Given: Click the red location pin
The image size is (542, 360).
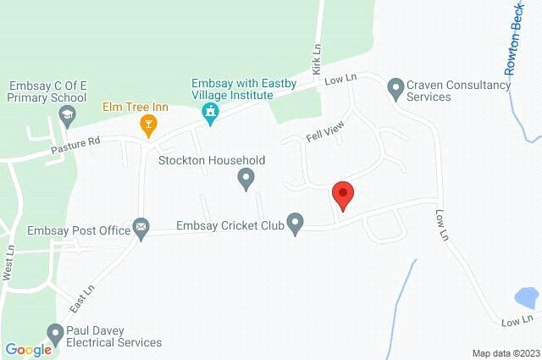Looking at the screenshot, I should (342, 195).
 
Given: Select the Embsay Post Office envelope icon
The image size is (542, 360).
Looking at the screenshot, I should (141, 227).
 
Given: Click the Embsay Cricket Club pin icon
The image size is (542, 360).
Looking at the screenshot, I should (296, 224).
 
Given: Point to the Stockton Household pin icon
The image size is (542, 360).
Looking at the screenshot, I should (246, 178).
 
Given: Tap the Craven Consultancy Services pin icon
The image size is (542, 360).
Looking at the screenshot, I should (395, 86).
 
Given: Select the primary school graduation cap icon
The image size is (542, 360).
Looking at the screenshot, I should (69, 115).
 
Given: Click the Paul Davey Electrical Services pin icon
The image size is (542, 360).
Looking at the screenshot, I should (56, 334).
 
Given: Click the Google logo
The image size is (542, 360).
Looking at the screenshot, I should (28, 349).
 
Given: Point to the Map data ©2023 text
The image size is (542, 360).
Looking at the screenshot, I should (505, 353).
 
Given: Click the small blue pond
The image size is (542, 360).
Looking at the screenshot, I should (526, 297).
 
